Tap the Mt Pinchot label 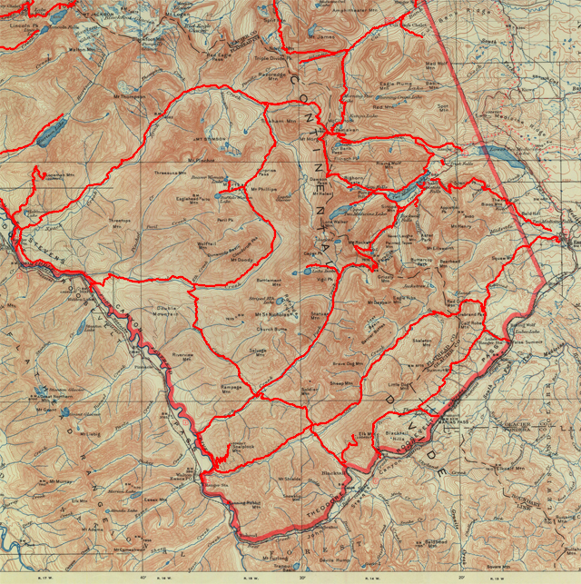coord(188,161)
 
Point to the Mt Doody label coord(241,261)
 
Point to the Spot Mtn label coord(442,108)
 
